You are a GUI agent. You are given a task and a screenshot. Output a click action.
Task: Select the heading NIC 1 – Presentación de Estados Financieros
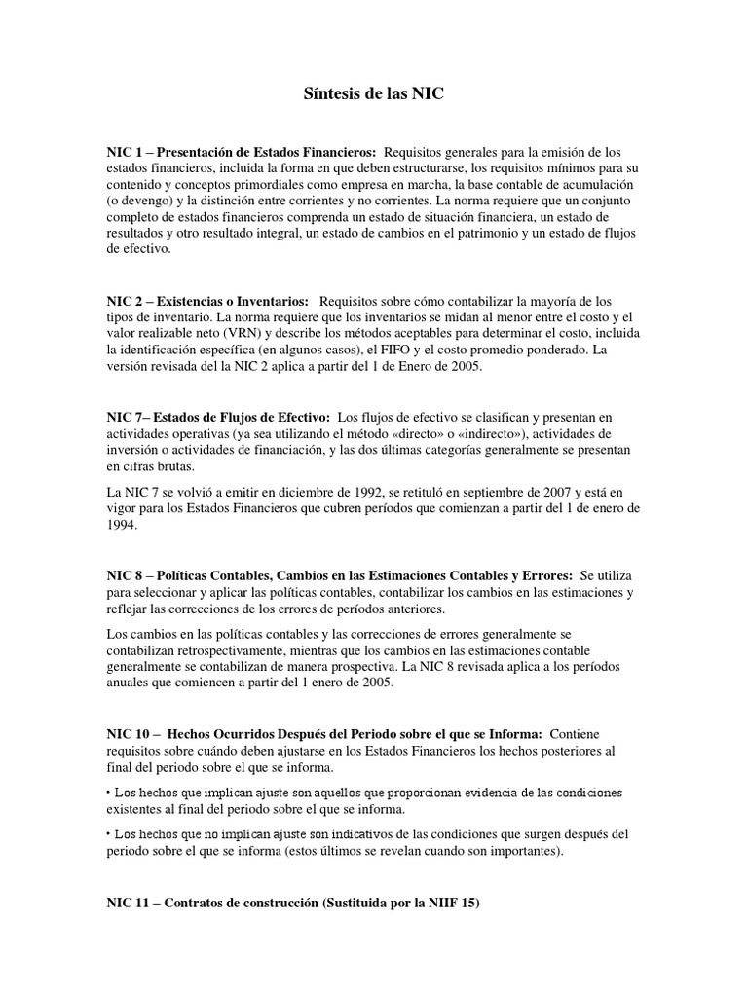click(x=242, y=152)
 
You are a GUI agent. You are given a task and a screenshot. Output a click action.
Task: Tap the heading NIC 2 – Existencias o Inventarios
click(x=207, y=301)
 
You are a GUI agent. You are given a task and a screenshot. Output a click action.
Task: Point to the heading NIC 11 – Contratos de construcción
click(x=293, y=904)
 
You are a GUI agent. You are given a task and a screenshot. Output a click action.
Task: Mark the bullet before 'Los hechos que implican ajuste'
click(x=109, y=793)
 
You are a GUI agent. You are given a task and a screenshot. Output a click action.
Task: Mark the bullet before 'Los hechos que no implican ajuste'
click(x=109, y=835)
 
